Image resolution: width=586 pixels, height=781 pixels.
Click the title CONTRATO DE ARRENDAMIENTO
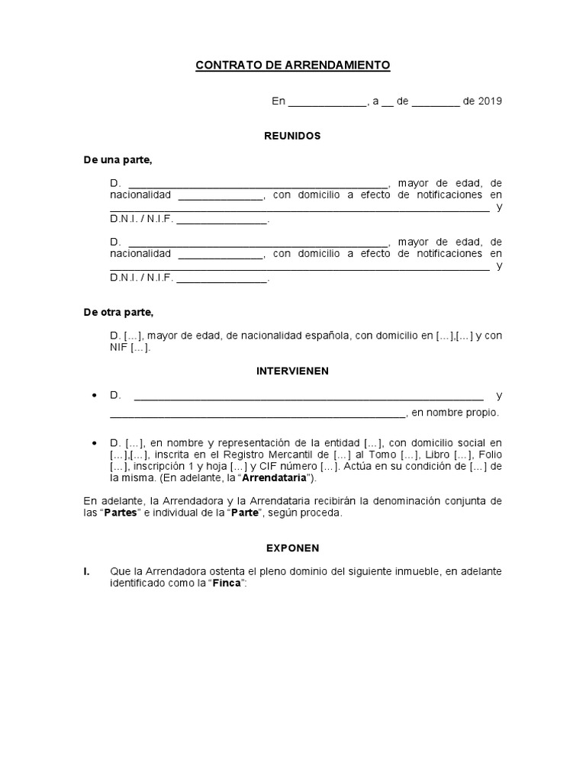[x=293, y=66]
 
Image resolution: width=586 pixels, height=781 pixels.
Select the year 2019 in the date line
[x=490, y=101]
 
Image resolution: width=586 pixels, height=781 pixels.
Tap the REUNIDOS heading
[x=292, y=136]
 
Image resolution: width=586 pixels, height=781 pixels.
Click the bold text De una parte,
[x=118, y=159]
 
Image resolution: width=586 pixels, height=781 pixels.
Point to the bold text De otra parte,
[x=118, y=313]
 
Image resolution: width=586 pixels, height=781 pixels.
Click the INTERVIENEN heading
[x=292, y=371]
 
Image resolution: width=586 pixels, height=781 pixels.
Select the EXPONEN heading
[x=292, y=548]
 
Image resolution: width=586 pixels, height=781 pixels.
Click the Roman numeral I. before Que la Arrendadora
[x=87, y=571]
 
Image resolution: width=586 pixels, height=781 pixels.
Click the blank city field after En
[x=327, y=102]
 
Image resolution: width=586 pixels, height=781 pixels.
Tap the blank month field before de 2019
[x=435, y=102]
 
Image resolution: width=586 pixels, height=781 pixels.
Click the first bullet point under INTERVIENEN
[x=94, y=396]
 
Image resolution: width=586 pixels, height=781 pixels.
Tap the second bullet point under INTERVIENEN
[x=94, y=442]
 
